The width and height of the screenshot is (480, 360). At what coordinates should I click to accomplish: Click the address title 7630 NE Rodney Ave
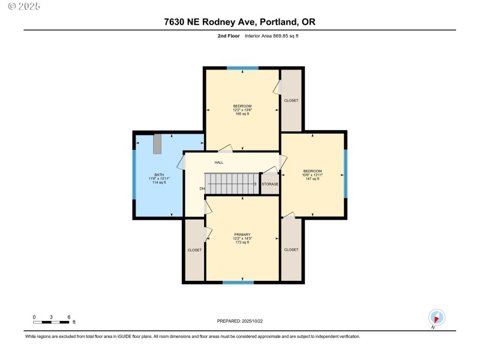point(239,22)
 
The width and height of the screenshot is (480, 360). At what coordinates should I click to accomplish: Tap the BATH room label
point(158,175)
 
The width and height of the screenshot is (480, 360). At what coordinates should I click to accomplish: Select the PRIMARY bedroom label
point(242,235)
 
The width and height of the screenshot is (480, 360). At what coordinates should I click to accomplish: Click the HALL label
point(219,163)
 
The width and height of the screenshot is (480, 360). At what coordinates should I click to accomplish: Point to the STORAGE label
point(269,184)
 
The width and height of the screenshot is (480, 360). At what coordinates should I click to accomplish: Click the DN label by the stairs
point(202,189)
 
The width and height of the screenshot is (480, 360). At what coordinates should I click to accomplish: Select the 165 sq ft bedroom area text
point(242,113)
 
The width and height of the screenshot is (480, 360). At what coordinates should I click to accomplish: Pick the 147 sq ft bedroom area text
point(312,179)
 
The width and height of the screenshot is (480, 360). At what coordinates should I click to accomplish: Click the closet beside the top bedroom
point(291,100)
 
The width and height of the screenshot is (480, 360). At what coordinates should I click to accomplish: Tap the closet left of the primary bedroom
point(194,250)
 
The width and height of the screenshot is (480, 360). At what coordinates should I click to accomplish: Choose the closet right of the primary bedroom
point(291,250)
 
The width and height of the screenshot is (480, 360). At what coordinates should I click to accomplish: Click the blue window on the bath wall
point(134,175)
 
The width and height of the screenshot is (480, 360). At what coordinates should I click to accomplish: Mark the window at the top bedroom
point(242,68)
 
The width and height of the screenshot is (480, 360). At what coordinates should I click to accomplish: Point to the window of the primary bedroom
point(238,282)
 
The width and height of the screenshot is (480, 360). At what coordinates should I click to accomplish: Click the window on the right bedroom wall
point(346,174)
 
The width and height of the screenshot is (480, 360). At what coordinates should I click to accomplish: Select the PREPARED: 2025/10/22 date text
point(239,322)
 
